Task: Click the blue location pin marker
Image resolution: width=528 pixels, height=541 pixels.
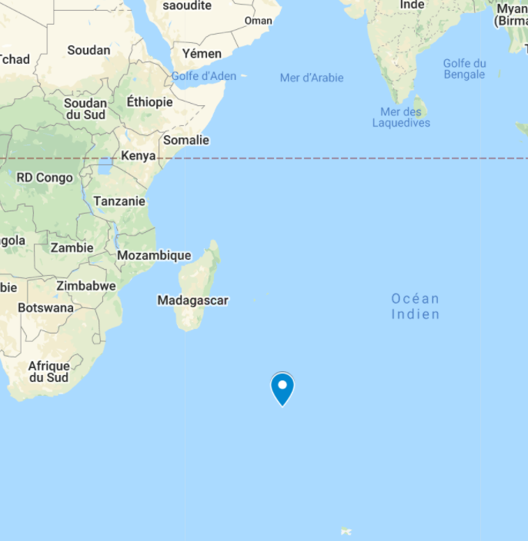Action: coord(282,387)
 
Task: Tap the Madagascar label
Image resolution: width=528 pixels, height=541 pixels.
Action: coord(192,300)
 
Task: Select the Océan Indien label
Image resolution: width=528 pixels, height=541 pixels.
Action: coord(415,306)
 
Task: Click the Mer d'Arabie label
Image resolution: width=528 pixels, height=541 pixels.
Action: coord(312,78)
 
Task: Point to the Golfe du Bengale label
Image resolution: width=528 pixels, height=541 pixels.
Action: coord(464,69)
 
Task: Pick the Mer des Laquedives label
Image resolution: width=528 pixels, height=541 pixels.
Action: coord(401,118)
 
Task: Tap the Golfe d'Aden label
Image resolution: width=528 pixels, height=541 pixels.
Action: coord(204,76)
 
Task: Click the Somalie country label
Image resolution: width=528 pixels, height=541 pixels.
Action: coord(186,140)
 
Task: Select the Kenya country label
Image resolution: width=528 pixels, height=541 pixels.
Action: coord(139,157)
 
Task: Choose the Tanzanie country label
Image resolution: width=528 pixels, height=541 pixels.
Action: coord(119,201)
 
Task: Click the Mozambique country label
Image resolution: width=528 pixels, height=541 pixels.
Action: coord(154,255)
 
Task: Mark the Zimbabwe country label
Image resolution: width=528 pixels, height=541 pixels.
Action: coord(86,286)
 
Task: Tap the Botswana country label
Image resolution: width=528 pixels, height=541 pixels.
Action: coord(46,308)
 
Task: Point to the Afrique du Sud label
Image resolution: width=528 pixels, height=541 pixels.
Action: coord(48,372)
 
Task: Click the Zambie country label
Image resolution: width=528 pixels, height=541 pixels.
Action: coord(72,247)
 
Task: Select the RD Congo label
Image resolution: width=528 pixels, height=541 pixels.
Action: coord(45,178)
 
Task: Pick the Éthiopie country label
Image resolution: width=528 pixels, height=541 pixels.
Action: coord(149,101)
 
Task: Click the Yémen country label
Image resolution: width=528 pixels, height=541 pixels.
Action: coord(202,54)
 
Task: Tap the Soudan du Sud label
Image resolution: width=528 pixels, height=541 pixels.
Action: coord(85,109)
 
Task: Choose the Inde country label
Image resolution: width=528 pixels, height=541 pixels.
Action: coord(413,5)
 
